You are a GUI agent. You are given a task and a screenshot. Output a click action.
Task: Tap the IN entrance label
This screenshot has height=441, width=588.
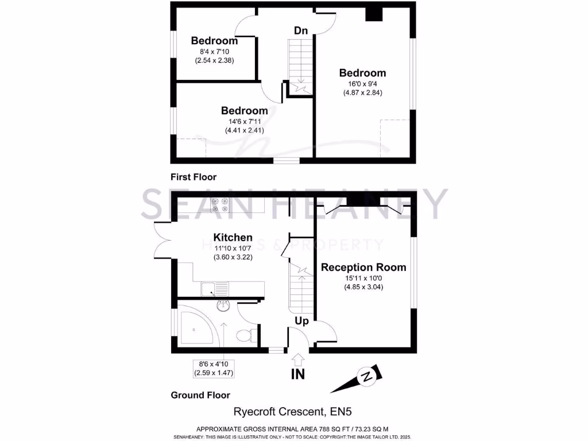(x=298, y=375)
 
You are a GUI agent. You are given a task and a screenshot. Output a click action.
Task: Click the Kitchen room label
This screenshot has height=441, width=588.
(x=233, y=237)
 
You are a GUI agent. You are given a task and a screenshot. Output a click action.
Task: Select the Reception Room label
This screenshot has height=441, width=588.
(x=363, y=267)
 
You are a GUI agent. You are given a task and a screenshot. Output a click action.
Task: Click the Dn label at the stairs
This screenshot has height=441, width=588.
(x=301, y=30)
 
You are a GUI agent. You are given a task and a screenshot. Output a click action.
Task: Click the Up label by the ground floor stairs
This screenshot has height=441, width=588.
(x=301, y=321)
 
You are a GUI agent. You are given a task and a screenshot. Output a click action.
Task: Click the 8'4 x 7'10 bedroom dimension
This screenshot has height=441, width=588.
(x=214, y=51)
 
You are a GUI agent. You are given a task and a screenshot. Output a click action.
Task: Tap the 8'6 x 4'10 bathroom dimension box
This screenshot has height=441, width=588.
(x=214, y=367)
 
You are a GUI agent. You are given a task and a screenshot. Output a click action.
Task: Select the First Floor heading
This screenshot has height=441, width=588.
(x=194, y=177)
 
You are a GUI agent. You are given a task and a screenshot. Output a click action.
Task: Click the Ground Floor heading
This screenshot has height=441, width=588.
(x=200, y=395)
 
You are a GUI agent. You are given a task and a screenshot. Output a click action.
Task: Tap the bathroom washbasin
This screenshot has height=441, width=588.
(x=223, y=307)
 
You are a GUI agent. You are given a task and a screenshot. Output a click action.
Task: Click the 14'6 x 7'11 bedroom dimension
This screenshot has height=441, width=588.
(x=244, y=121)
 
